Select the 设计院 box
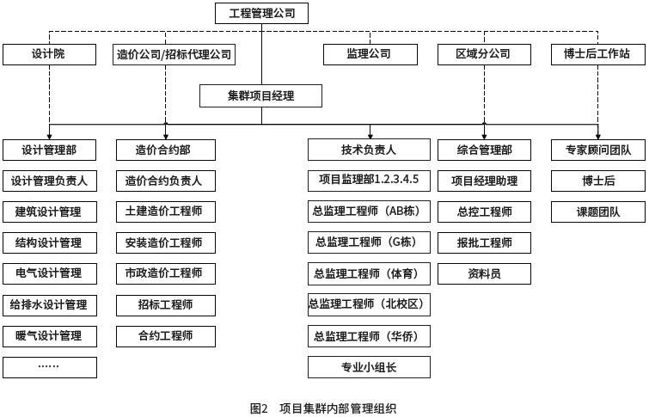[x=49, y=54]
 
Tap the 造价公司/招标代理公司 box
[x=174, y=54]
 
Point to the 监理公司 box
[x=369, y=54]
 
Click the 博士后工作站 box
[x=597, y=54]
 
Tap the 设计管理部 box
[x=49, y=150]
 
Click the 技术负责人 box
[x=369, y=150]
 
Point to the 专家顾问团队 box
[x=597, y=150]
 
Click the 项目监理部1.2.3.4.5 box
[x=369, y=181]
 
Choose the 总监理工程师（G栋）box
[x=369, y=242]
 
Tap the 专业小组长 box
[x=369, y=367]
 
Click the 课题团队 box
[x=597, y=212]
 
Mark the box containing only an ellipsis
[x=49, y=367]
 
